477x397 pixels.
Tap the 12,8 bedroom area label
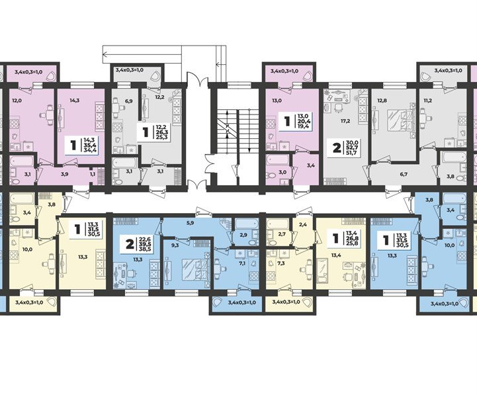[380, 99]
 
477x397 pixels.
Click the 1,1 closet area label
[92, 174]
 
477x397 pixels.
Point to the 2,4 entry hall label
[303, 226]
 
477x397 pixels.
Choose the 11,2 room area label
[428, 99]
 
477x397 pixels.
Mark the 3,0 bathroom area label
[282, 172]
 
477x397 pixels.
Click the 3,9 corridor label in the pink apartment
[65, 174]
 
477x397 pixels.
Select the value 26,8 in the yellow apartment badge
[351, 239]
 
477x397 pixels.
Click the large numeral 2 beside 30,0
[337, 149]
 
